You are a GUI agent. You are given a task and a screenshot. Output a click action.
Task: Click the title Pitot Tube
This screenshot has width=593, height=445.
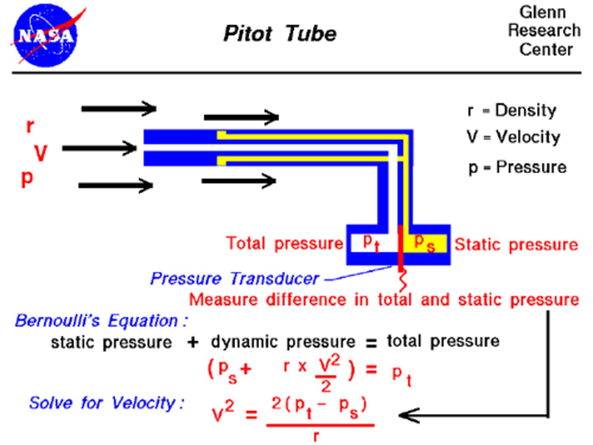(x=280, y=33)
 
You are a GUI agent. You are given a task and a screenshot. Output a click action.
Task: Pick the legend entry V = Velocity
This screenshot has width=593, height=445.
(x=514, y=137)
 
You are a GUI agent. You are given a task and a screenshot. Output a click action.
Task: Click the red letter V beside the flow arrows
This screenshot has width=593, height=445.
(x=41, y=153)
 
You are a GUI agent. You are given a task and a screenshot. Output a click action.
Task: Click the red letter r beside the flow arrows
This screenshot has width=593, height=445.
(x=30, y=126)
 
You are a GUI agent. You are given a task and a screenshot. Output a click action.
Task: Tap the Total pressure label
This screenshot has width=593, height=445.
(x=284, y=243)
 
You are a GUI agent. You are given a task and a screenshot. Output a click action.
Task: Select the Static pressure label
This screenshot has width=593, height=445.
(x=516, y=245)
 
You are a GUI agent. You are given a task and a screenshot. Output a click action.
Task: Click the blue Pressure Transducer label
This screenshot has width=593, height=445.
(x=234, y=279)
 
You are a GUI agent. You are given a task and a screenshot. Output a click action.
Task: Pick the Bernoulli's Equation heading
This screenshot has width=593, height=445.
(x=101, y=320)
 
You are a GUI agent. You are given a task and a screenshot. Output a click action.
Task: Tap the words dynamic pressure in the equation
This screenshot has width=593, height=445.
(x=283, y=342)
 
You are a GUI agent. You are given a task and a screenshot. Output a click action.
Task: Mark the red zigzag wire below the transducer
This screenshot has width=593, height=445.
(x=402, y=281)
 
